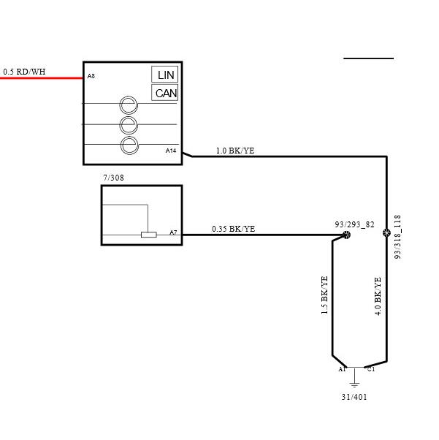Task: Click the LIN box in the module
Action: (164, 75)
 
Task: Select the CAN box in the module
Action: (164, 93)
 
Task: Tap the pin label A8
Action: (91, 76)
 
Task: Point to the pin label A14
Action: (171, 151)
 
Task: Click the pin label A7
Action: (173, 232)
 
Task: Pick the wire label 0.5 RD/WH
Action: (24, 72)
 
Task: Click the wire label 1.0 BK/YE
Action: (235, 151)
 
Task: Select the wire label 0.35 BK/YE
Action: (234, 229)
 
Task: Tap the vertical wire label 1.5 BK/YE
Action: (324, 295)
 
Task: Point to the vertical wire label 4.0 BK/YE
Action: (378, 296)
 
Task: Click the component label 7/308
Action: (114, 178)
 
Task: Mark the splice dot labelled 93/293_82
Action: (347, 235)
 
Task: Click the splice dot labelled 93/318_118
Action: (386, 232)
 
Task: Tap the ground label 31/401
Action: (354, 397)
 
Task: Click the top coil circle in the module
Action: (129, 105)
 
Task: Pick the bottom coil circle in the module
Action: (129, 145)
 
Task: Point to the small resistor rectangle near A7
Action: (149, 235)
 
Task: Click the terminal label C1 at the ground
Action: (371, 369)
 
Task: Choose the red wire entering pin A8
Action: (42, 78)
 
